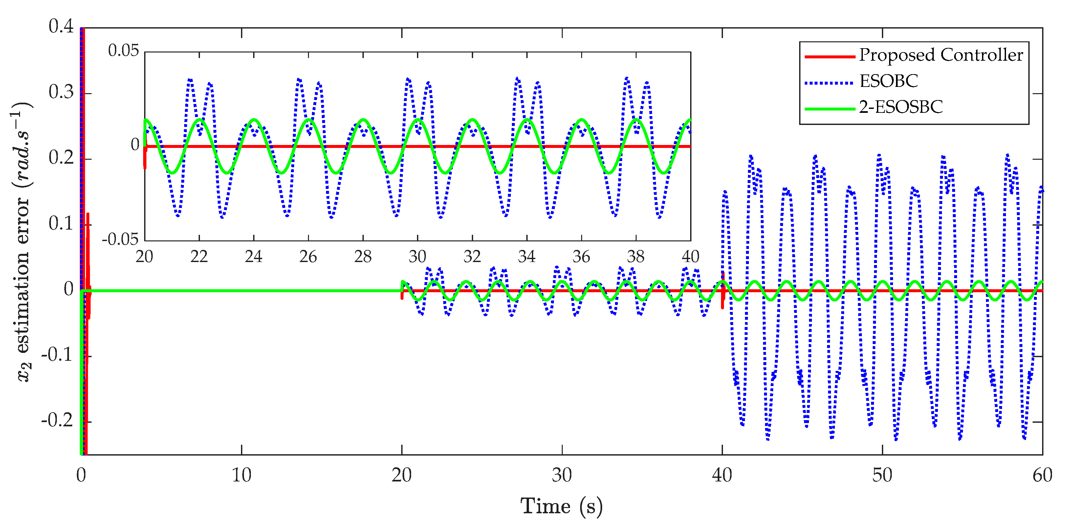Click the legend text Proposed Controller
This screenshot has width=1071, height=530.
pos(940,55)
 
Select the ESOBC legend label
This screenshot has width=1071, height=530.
pos(888,81)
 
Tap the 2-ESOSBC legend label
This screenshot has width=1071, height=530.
pos(901,108)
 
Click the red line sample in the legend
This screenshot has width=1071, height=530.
pos(829,56)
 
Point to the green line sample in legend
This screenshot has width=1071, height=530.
pos(829,109)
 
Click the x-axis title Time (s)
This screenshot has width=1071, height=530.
pos(561,506)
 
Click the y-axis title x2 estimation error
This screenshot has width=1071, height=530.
pos(23,241)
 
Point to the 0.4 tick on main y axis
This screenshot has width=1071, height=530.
pos(61,26)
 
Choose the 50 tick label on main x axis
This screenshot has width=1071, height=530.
pos(882,475)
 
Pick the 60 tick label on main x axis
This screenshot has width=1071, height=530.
pos(1042,475)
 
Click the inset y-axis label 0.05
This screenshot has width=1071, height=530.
pos(123,51)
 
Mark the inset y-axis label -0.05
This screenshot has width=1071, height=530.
pos(120,240)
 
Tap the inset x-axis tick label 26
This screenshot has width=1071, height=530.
pos(308,257)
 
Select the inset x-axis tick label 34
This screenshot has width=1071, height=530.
pos(526,257)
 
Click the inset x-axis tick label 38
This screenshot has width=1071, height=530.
pos(636,257)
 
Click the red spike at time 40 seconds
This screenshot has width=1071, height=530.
pos(723,291)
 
